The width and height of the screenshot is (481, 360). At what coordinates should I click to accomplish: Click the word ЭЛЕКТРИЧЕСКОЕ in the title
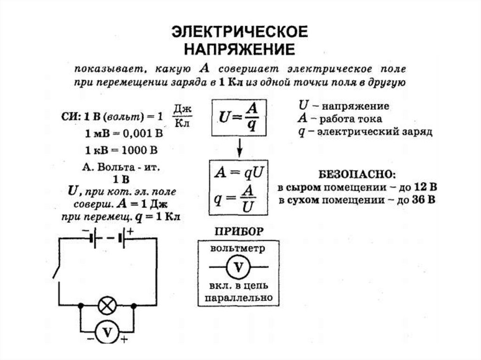pyautogui.click(x=239, y=31)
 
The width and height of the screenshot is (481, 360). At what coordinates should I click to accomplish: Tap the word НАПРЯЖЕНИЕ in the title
pyautogui.click(x=239, y=49)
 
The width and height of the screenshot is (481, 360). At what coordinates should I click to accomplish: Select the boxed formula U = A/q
pyautogui.click(x=239, y=117)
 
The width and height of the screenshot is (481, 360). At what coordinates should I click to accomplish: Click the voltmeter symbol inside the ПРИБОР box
pyautogui.click(x=239, y=267)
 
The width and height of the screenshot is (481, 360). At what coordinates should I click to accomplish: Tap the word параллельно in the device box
pyautogui.click(x=239, y=298)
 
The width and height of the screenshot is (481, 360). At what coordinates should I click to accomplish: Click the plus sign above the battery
pyautogui.click(x=130, y=231)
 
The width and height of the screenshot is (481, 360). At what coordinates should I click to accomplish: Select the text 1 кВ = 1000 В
pyautogui.click(x=121, y=151)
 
